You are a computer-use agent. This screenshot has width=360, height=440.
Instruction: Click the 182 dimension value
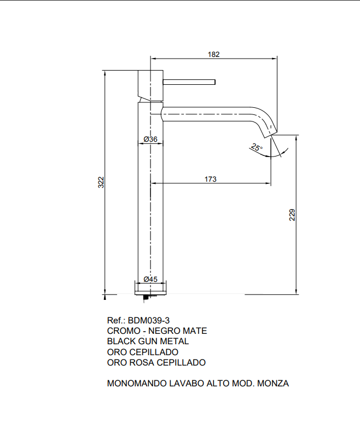pyautogui.click(x=214, y=54)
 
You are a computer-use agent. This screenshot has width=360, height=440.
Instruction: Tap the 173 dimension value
pyautogui.click(x=211, y=179)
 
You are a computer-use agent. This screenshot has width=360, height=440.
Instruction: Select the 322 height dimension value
pyautogui.click(x=101, y=182)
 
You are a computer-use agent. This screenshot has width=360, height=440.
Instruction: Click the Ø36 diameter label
pyautogui.click(x=150, y=140)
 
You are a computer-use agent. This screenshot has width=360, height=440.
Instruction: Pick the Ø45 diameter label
pyautogui.click(x=150, y=279)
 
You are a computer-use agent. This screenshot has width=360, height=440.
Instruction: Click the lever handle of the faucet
pyautogui.click(x=189, y=83)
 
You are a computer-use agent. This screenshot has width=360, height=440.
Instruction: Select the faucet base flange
pyautogui.click(x=150, y=287)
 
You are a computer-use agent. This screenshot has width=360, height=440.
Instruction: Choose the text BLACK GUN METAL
pyautogui.click(x=147, y=341)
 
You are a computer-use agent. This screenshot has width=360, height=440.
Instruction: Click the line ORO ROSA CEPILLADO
pyautogui.click(x=156, y=362)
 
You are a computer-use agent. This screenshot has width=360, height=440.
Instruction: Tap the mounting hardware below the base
pyautogui.click(x=147, y=297)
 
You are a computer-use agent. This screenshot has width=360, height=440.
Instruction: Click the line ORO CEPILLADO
pyautogui.click(x=142, y=352)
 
